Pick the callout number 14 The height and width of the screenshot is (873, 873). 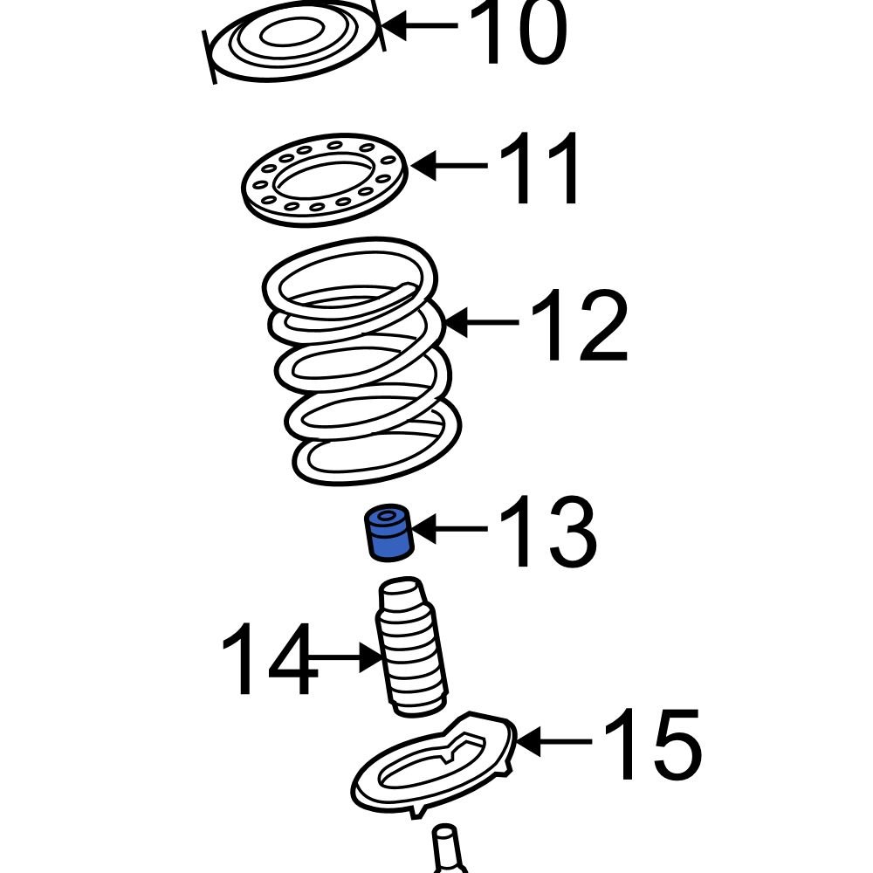click(x=267, y=659)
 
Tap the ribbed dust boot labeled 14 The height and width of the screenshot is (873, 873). click(x=410, y=650)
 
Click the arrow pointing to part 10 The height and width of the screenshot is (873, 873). click(x=419, y=26)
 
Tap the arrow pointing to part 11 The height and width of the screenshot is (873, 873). click(x=450, y=165)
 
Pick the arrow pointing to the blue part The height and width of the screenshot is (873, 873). click(x=450, y=529)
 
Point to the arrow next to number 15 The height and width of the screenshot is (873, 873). click(x=554, y=743)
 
